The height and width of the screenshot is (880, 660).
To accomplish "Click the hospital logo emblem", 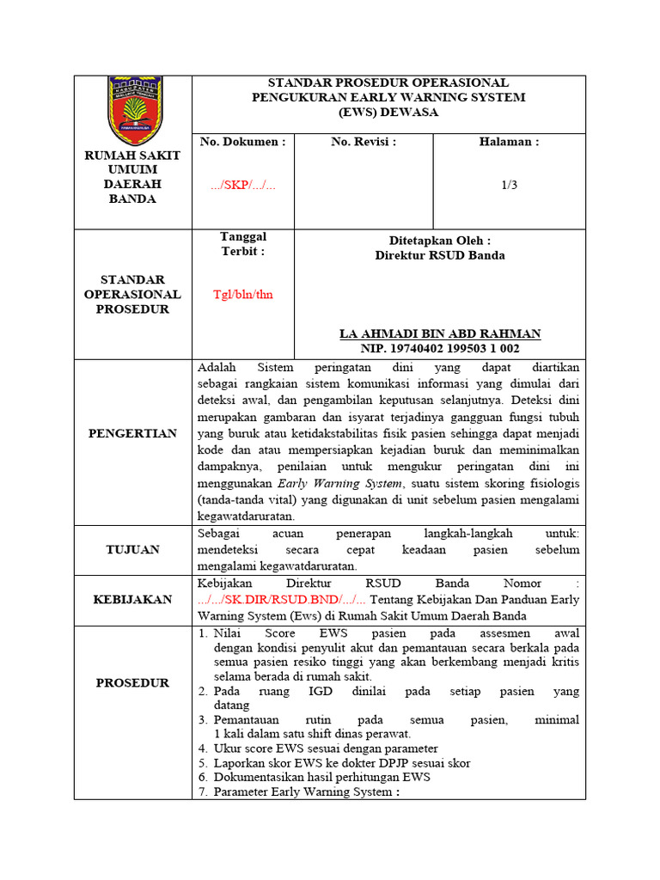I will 132,111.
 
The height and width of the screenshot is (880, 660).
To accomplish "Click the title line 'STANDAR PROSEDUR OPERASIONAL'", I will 388,82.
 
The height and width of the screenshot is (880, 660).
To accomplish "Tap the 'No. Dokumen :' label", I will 242,142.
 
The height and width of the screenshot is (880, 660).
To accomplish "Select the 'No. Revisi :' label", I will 364,142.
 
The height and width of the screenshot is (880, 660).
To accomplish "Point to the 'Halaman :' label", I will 509,142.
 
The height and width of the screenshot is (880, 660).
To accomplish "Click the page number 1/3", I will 510,185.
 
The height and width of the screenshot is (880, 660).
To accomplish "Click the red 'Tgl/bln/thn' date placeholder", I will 242,294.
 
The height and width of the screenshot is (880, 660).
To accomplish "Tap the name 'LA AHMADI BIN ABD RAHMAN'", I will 440,333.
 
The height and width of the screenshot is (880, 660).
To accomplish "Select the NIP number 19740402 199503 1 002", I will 440,348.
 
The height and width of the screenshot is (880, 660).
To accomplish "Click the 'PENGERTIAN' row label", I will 132,433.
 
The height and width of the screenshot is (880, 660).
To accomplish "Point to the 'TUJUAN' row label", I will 132,550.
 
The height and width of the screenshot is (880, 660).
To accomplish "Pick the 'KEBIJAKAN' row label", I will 132,600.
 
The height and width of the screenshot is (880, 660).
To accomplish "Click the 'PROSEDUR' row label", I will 132,683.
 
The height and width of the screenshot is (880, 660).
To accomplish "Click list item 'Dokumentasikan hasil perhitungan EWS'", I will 321,777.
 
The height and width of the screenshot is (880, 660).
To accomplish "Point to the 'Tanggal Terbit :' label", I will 242,244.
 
